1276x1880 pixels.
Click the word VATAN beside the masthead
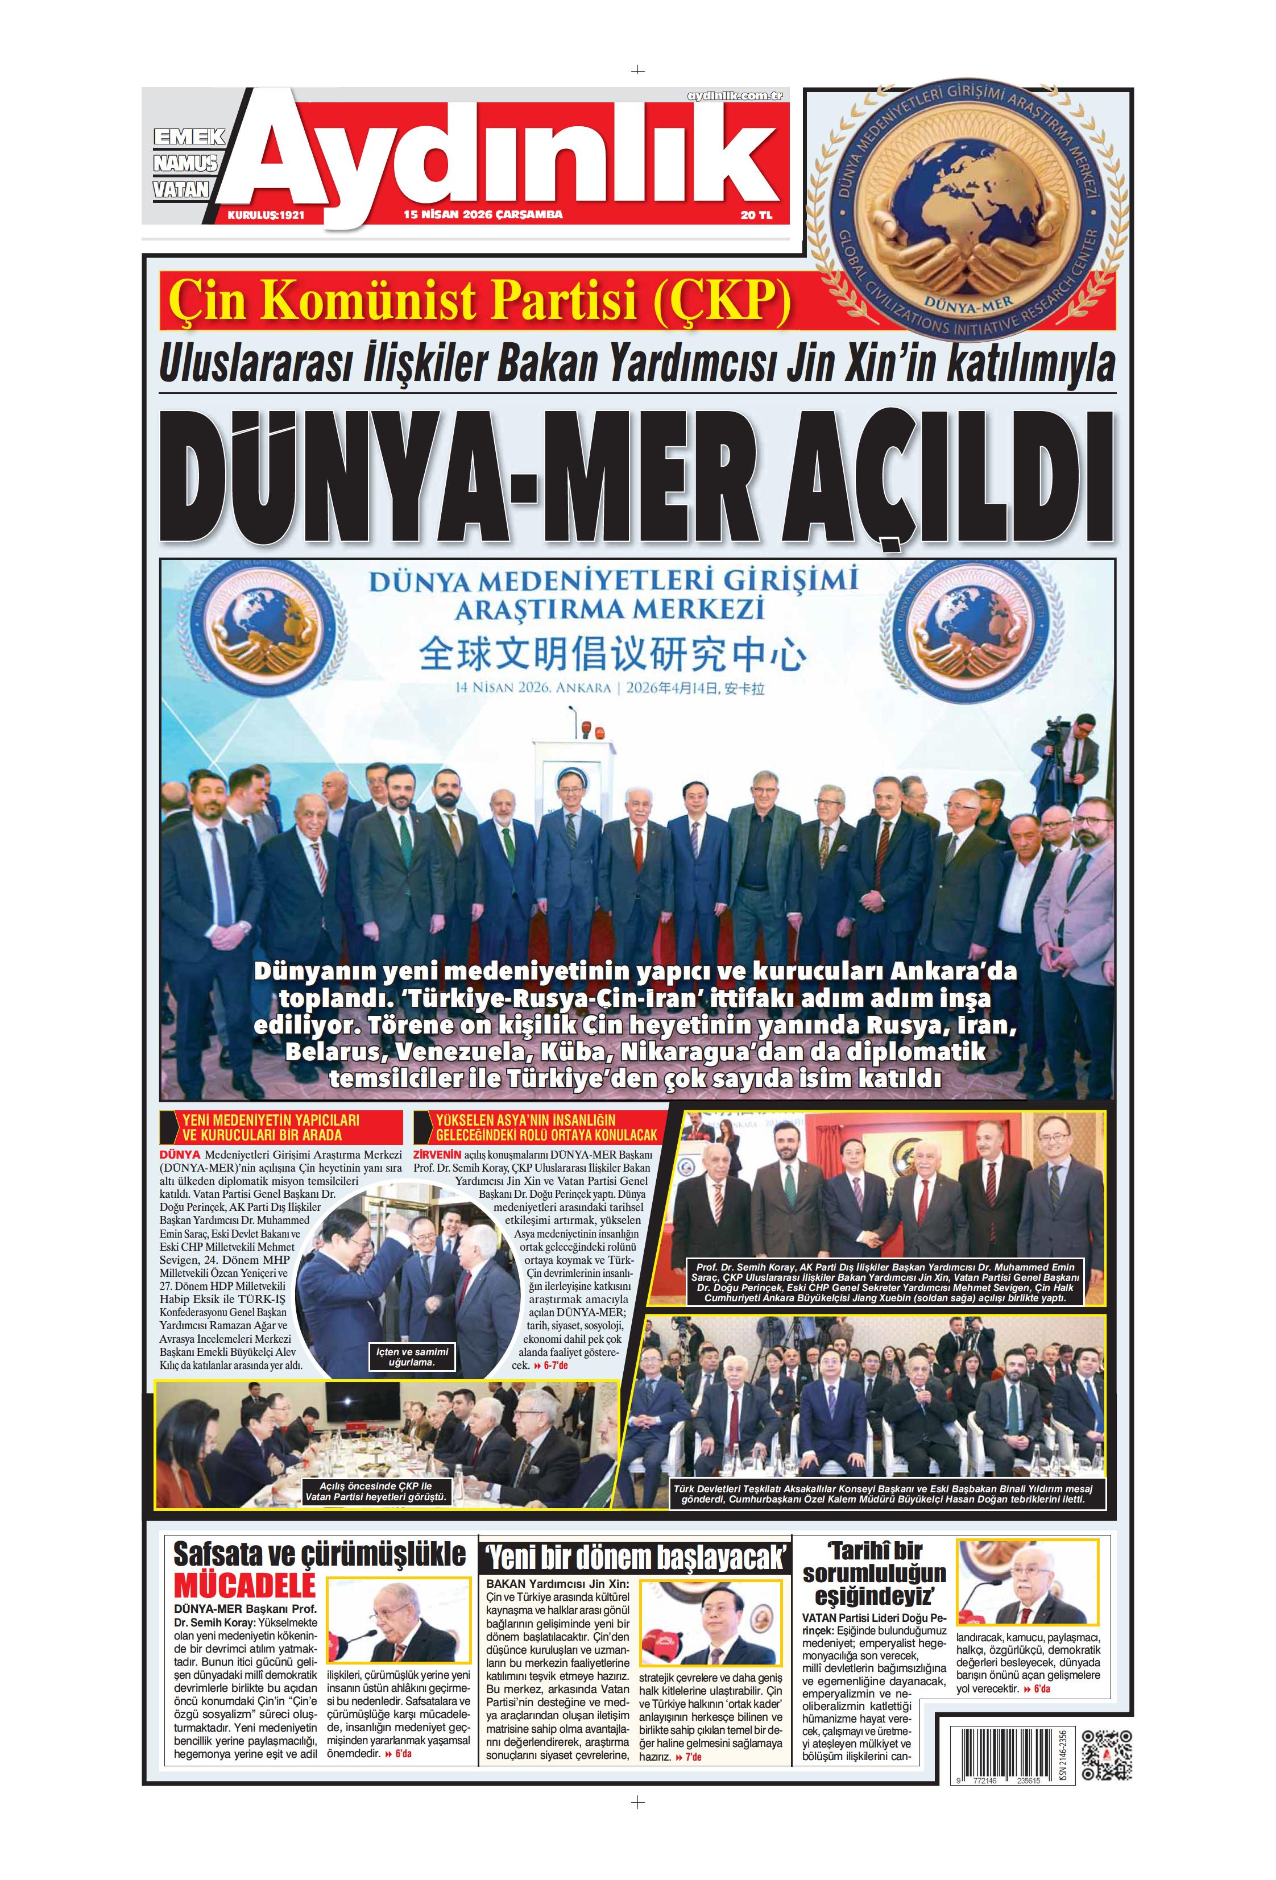(x=181, y=189)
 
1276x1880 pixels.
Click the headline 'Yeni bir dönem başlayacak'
(x=635, y=1557)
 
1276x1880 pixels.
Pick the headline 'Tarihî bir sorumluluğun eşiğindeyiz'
(x=874, y=1574)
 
